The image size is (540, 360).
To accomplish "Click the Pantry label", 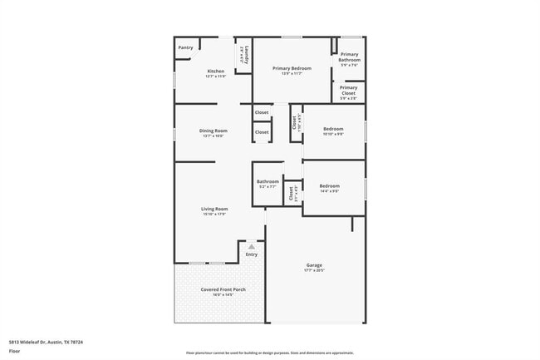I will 185,47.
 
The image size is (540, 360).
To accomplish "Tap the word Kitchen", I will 215,72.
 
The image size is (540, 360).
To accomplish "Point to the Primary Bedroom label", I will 292,68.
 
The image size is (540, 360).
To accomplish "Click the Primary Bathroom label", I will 349,57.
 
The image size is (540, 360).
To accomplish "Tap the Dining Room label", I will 213,131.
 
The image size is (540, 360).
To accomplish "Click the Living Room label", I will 214,208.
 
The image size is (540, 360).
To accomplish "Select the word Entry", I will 252,254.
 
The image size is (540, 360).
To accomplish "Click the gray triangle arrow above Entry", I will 252,246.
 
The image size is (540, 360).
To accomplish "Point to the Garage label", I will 314,265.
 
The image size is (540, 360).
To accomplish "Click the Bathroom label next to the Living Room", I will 268,181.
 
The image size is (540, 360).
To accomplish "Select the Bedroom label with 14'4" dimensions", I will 330,185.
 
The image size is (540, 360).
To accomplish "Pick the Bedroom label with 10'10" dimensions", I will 333,129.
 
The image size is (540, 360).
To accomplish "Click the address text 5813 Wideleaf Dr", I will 47,342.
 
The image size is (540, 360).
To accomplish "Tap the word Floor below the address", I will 14,352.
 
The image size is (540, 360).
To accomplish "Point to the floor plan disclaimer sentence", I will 269,353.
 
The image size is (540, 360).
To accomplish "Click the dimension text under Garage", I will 314,271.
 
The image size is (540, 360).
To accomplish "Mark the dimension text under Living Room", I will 214,214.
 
